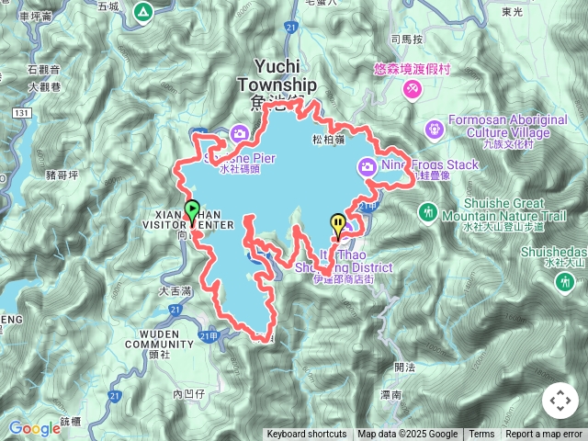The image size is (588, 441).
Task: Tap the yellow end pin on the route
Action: tap(338, 222)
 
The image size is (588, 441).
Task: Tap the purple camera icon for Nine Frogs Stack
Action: tap(367, 166)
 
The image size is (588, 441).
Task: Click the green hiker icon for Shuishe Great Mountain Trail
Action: tap(427, 212)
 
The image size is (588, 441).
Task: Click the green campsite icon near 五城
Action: tap(142, 12)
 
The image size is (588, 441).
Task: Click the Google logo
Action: tap(34, 428)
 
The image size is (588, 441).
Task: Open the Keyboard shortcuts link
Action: tap(307, 435)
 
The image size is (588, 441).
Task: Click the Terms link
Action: tap(481, 435)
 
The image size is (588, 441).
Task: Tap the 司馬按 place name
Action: tap(406, 40)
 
